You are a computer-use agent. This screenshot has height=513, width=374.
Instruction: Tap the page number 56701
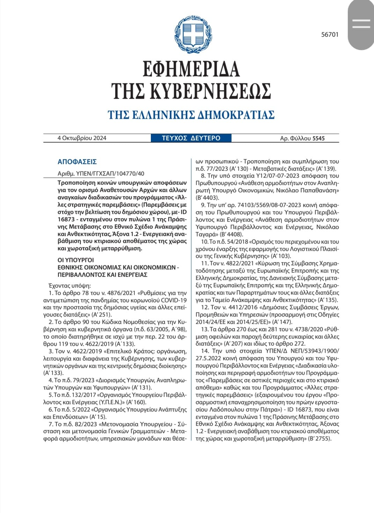point(330,35)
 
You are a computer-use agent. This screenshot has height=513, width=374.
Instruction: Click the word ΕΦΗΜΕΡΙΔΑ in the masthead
point(191,69)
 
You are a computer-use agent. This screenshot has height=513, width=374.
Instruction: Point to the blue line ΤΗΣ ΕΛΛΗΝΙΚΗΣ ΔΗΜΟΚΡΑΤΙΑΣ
point(191,115)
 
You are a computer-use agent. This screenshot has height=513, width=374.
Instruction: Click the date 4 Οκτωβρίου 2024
point(82,138)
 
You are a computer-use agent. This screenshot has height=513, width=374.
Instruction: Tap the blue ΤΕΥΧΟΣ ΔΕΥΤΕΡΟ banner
point(191,138)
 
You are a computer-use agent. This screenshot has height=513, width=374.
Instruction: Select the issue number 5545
point(318,138)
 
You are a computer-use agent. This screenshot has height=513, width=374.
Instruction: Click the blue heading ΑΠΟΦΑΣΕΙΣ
point(77,162)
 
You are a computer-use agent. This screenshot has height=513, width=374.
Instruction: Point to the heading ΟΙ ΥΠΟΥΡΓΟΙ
point(75,260)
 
